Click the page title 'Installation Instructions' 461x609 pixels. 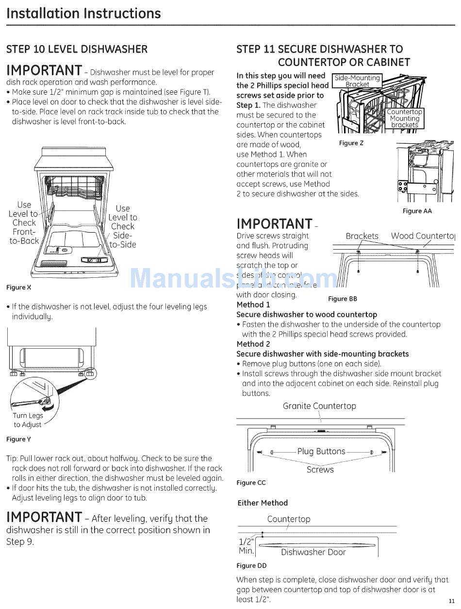pyautogui.click(x=83, y=13)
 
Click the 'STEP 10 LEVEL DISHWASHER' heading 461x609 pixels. pyautogui.click(x=77, y=49)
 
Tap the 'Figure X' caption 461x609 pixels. pyautogui.click(x=18, y=288)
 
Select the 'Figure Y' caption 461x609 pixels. pyautogui.click(x=18, y=440)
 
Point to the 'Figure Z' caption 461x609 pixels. pyautogui.click(x=351, y=143)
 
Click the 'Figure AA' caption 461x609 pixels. pyautogui.click(x=417, y=211)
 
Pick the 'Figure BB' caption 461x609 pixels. pyautogui.click(x=343, y=299)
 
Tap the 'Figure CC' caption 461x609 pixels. pyautogui.click(x=251, y=483)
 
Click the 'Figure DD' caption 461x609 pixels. pyautogui.click(x=251, y=566)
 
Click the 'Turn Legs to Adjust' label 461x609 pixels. pyautogui.click(x=28, y=420)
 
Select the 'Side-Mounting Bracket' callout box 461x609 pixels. pyautogui.click(x=358, y=81)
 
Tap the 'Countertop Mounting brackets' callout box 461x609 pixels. pyautogui.click(x=404, y=118)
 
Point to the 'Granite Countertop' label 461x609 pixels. pyautogui.click(x=319, y=406)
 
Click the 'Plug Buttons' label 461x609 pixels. pyautogui.click(x=321, y=452)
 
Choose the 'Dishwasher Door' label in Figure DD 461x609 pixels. pyautogui.click(x=313, y=552)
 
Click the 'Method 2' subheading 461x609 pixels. pyautogui.click(x=253, y=344)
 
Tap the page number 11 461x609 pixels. pyautogui.click(x=452, y=601)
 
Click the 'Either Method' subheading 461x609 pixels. pyautogui.click(x=263, y=503)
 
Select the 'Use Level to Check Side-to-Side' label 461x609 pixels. pyautogui.click(x=123, y=226)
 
